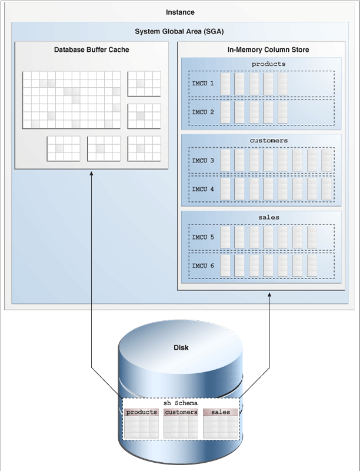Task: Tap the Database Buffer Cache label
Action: pos(91,50)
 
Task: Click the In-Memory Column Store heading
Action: pos(261,50)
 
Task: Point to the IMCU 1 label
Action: pos(203,84)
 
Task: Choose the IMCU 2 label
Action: pos(203,112)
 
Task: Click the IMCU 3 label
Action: pos(203,160)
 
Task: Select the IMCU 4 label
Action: pos(203,188)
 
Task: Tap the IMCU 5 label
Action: pos(203,237)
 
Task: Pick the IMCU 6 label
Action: pos(203,265)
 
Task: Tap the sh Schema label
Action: pos(181,403)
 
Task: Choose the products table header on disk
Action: pos(142,412)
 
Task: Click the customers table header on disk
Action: pos(181,412)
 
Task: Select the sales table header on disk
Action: pos(220,412)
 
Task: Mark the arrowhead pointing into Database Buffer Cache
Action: pos(92,174)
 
